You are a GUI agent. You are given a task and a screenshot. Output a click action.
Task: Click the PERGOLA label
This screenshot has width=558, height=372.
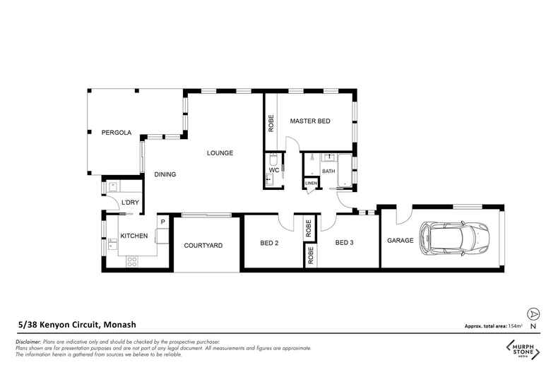(117, 133)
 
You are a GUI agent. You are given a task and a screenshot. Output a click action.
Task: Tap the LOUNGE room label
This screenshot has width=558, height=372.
(220, 153)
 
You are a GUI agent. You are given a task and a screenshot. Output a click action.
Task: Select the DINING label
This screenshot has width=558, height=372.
(165, 174)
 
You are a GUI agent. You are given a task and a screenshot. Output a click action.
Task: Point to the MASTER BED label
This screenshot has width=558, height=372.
(310, 121)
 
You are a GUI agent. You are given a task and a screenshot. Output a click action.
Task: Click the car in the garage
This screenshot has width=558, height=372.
(455, 239)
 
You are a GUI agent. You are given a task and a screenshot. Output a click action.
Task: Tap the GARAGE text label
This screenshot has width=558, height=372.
(400, 241)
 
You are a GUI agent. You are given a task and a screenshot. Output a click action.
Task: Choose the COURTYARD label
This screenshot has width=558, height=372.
(203, 246)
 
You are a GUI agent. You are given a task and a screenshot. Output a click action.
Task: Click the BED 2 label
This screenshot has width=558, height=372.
(269, 243)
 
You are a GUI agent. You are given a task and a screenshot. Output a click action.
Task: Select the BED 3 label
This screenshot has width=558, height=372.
(344, 243)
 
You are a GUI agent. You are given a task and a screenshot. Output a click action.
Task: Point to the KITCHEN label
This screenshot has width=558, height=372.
(133, 236)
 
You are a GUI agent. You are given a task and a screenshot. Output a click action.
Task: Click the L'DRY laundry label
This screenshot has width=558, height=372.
(130, 203)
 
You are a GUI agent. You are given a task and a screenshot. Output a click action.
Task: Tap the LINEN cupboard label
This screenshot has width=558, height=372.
(311, 183)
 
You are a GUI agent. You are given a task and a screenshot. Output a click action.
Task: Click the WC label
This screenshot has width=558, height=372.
(274, 170)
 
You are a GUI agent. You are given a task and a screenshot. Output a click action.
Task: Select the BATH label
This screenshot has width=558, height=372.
(328, 172)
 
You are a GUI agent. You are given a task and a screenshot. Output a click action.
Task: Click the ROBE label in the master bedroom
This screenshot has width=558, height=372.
(271, 124)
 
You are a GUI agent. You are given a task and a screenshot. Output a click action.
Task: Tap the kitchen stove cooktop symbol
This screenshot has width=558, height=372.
(132, 262)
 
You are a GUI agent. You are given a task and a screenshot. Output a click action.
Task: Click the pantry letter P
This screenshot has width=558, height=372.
(163, 222)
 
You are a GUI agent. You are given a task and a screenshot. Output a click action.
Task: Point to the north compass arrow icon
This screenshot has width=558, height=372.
(533, 314)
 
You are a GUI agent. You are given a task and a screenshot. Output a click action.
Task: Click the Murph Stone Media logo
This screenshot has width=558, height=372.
(523, 349)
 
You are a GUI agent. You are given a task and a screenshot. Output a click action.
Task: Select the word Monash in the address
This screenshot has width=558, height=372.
(121, 325)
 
